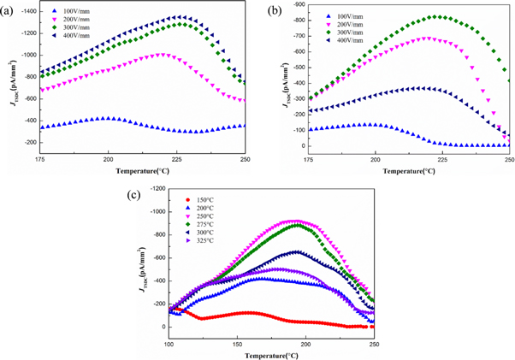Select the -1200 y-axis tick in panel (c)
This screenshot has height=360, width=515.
click(157, 187)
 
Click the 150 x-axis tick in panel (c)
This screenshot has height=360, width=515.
click(236, 343)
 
